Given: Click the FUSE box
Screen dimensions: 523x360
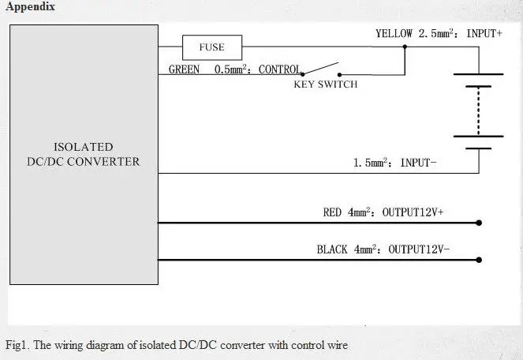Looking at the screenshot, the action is pyautogui.click(x=212, y=47).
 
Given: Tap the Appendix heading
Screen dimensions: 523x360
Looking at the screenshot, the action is pyautogui.click(x=30, y=6).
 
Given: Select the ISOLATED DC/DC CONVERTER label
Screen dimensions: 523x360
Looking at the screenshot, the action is pyautogui.click(x=84, y=154).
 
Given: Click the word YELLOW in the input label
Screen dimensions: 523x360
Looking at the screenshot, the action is pyautogui.click(x=394, y=33).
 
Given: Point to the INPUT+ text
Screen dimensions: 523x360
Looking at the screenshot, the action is pyautogui.click(x=484, y=33).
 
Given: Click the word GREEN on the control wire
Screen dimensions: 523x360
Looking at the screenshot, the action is pyautogui.click(x=184, y=69).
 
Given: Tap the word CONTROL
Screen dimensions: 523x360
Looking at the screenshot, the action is pyautogui.click(x=280, y=69).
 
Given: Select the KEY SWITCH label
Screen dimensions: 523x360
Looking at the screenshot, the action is pyautogui.click(x=326, y=84).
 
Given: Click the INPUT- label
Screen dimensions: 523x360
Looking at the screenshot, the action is pyautogui.click(x=418, y=163).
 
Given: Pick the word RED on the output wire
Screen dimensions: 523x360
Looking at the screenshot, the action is pyautogui.click(x=332, y=212).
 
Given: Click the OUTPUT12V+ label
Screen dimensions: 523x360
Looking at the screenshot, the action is pyautogui.click(x=413, y=212).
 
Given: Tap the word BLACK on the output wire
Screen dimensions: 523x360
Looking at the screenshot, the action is pyautogui.click(x=332, y=249).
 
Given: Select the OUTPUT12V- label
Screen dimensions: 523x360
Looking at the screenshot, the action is pyautogui.click(x=419, y=249).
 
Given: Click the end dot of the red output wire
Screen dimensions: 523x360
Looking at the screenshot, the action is pyautogui.click(x=479, y=223).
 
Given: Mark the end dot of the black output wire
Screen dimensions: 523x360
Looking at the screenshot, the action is pyautogui.click(x=479, y=260).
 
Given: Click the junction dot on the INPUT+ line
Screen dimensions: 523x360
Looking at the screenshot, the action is pyautogui.click(x=405, y=47).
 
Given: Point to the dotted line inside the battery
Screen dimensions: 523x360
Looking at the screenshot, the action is pyautogui.click(x=478, y=111).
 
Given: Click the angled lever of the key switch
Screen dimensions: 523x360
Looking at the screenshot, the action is pyautogui.click(x=320, y=69).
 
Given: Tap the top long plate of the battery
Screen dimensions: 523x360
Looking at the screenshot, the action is pyautogui.click(x=478, y=74).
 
